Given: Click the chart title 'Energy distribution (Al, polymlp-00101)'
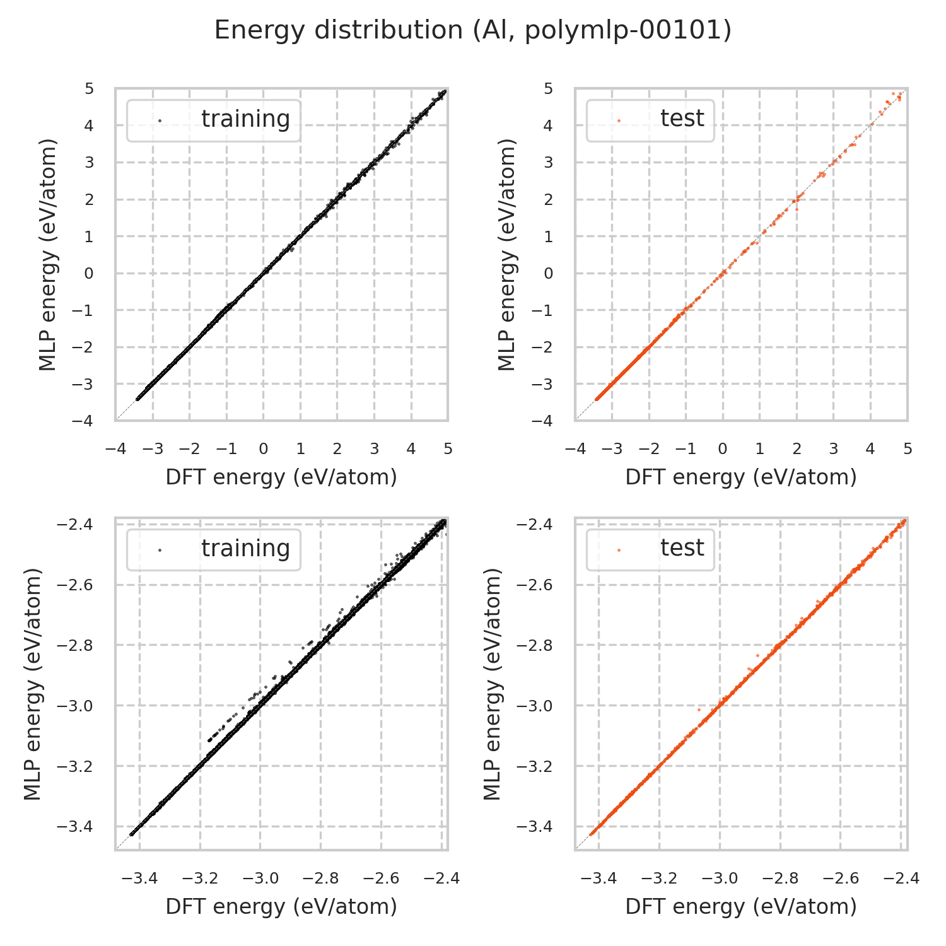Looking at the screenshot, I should [473, 30].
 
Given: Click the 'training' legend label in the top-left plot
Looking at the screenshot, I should [245, 119].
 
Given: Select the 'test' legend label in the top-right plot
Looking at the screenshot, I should [682, 119].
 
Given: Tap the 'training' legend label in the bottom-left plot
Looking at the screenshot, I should [245, 549].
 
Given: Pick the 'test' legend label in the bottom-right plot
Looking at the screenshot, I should [682, 549].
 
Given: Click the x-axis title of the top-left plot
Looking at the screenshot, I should [281, 477].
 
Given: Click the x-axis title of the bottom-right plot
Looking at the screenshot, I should [741, 907].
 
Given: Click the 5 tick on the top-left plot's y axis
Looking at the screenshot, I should [89, 89].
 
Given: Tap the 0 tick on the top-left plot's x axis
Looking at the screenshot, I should [263, 449].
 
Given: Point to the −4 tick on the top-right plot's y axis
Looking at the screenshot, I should [544, 421].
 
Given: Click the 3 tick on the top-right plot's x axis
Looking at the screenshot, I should [833, 449].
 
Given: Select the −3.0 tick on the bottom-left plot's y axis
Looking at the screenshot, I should [76, 706].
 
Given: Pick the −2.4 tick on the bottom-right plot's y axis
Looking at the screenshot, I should [535, 525].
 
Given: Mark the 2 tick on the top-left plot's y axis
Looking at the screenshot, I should [89, 200].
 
